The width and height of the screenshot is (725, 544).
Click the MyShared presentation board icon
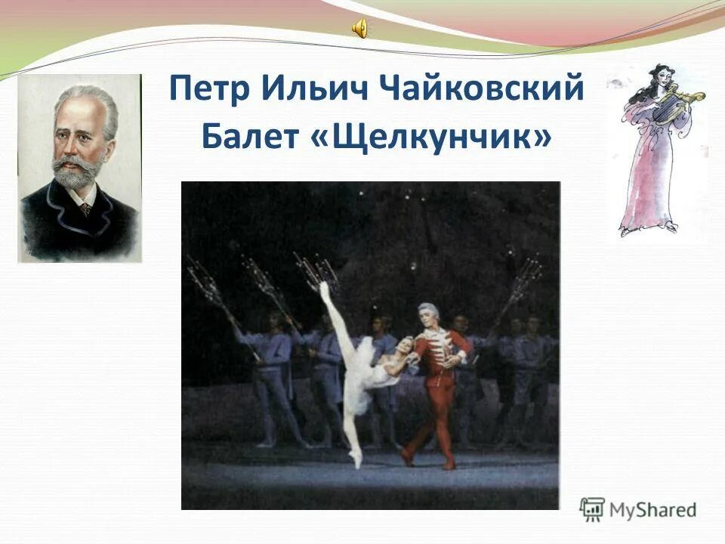click(592, 508)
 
